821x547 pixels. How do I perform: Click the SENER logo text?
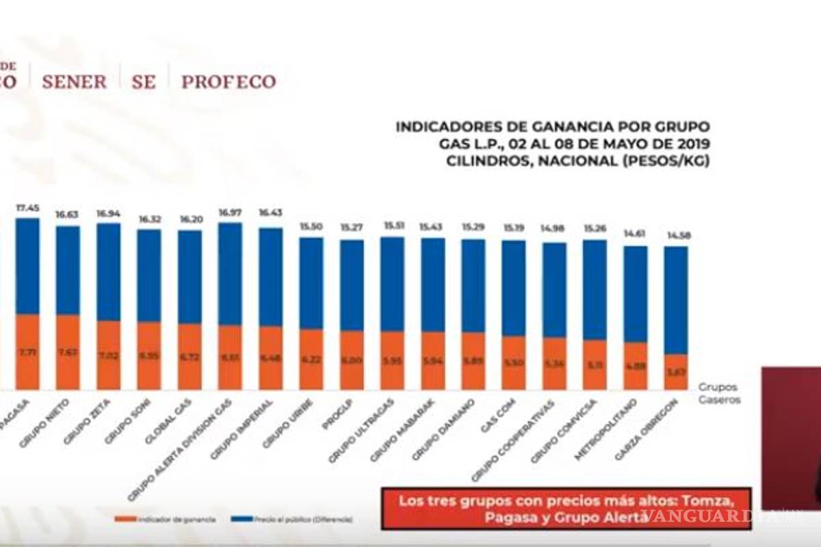(x=74, y=82)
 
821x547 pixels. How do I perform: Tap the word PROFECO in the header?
(x=229, y=82)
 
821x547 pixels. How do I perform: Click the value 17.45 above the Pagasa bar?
(x=27, y=207)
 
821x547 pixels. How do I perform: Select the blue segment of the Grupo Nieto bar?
(x=68, y=270)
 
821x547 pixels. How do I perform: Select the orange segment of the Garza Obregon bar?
(x=675, y=373)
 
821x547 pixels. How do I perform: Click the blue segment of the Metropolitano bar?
(x=635, y=294)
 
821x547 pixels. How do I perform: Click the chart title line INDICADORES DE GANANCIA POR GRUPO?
(x=552, y=126)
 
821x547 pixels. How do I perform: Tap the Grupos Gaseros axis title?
(x=718, y=393)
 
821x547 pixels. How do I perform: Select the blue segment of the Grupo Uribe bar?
(x=311, y=284)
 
